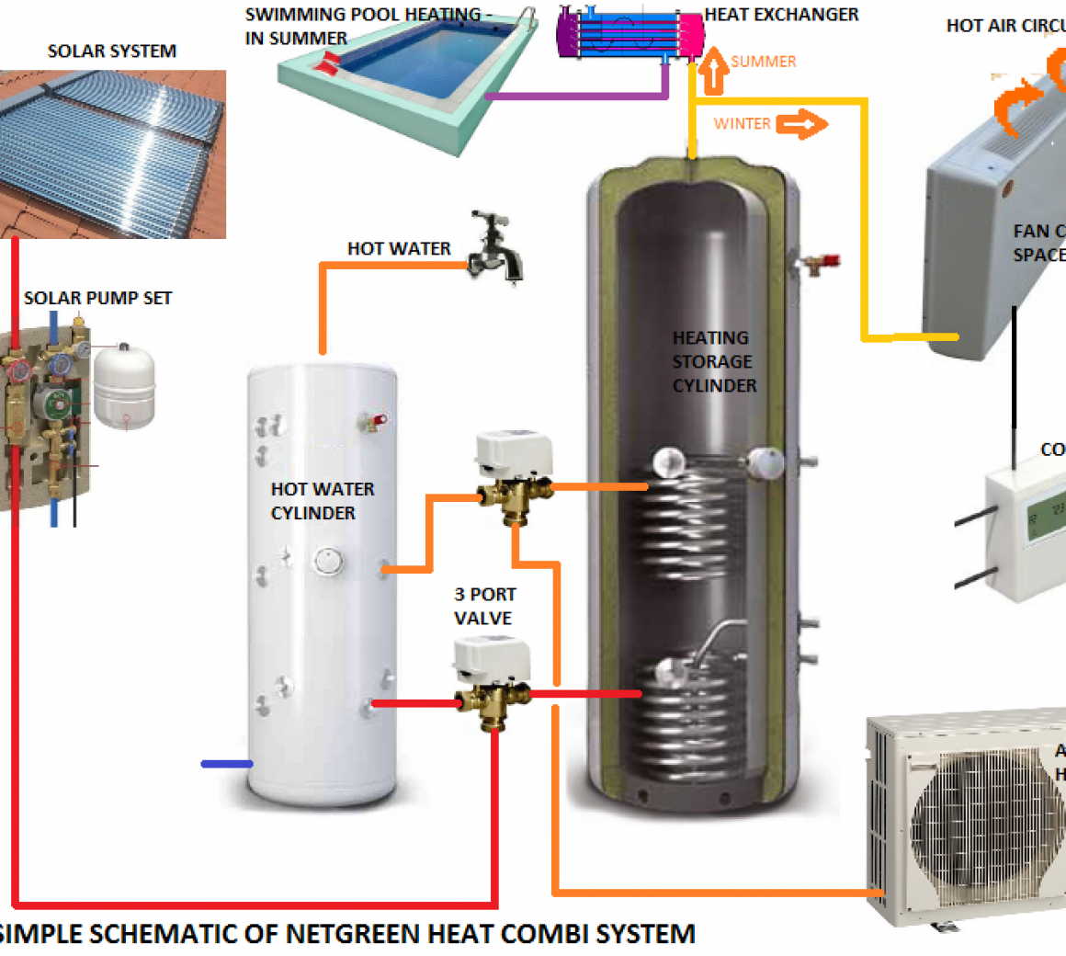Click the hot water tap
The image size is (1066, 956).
[496, 248]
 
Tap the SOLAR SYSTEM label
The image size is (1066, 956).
[112, 51]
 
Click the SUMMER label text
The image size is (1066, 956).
[764, 62]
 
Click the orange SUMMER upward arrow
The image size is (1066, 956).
[714, 73]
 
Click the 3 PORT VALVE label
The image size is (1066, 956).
[484, 607]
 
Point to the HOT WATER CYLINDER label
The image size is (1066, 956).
[322, 501]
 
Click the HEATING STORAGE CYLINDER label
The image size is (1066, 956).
[713, 362]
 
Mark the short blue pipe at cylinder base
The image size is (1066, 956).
[226, 764]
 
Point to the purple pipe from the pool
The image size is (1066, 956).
[570, 95]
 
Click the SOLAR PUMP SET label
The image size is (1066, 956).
[97, 298]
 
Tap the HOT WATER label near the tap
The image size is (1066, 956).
[399, 249]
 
